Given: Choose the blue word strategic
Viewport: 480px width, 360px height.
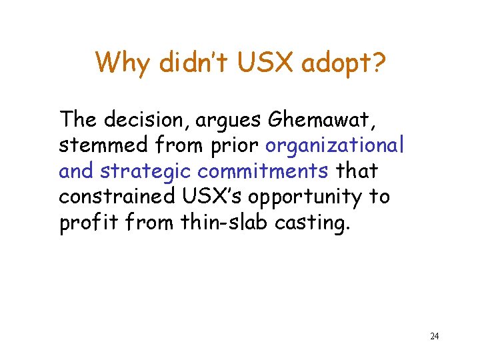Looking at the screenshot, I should (x=146, y=171).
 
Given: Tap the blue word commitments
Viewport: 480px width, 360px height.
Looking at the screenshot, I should (x=263, y=171).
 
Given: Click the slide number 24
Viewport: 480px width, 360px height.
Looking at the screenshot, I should (x=434, y=336).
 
